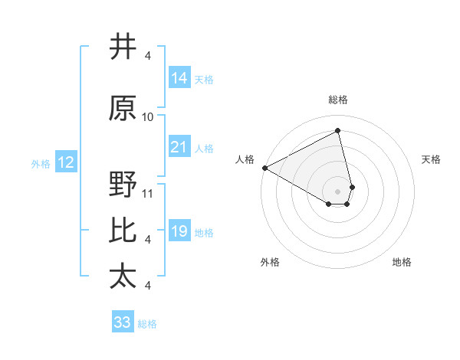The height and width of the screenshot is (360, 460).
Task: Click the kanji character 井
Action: [123, 47]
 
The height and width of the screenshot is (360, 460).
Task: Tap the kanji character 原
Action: [123, 109]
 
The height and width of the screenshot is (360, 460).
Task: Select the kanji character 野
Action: [123, 185]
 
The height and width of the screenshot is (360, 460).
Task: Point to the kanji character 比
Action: [123, 231]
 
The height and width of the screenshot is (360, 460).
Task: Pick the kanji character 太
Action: [123, 277]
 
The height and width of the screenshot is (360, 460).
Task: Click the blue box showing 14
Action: [179, 78]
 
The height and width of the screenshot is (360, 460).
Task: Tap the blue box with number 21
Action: [179, 147]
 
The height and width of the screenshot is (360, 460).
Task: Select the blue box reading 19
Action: [179, 231]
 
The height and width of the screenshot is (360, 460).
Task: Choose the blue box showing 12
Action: [65, 162]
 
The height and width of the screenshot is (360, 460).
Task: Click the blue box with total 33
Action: [123, 322]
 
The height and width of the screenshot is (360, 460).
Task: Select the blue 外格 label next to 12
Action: [40, 163]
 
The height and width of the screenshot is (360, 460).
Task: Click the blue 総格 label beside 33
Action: [147, 323]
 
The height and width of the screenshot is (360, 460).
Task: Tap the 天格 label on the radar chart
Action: [432, 159]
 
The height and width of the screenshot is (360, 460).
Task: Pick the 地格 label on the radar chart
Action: [402, 262]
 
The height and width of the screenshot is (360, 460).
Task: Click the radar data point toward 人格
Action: [264, 168]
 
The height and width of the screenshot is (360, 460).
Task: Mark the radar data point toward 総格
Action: [338, 131]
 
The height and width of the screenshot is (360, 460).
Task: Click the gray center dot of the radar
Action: [338, 191]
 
